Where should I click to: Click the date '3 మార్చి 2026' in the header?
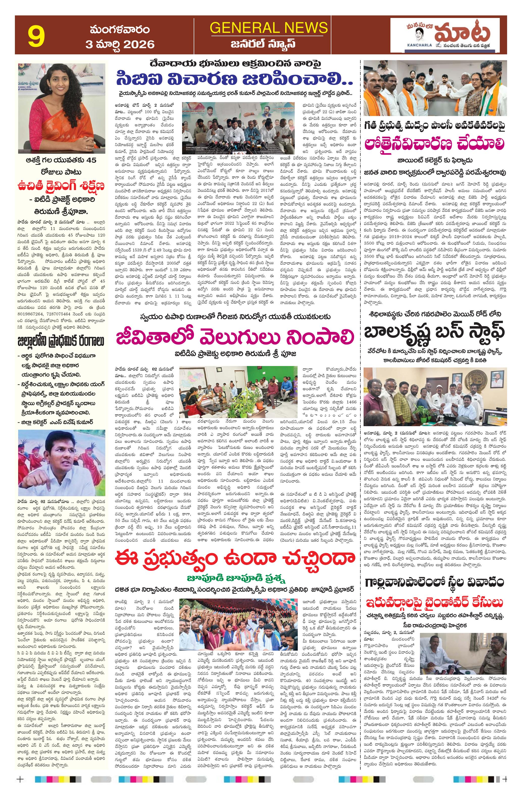120,44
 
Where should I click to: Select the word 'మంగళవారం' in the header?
120,30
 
